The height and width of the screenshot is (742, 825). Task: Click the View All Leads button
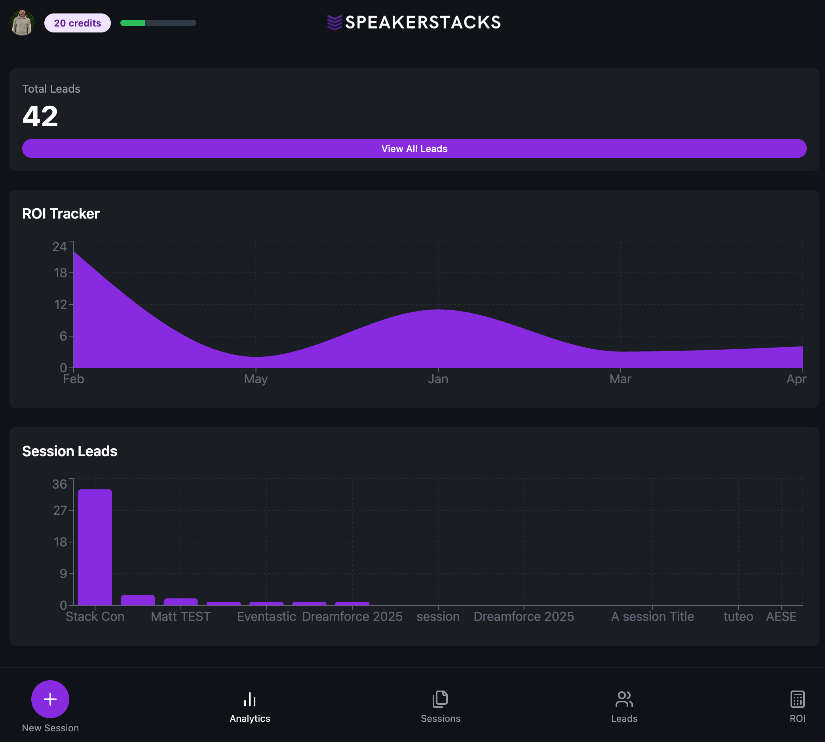(x=414, y=148)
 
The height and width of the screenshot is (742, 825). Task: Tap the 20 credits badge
(x=78, y=23)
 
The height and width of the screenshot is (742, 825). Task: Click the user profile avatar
(x=22, y=23)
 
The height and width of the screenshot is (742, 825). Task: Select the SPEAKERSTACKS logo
(x=414, y=23)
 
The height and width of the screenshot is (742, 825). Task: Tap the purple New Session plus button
(x=50, y=699)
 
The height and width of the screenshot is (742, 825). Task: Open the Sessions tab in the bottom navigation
(x=440, y=706)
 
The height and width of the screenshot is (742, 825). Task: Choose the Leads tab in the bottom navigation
(x=624, y=706)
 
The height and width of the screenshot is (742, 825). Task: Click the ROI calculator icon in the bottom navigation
(x=797, y=700)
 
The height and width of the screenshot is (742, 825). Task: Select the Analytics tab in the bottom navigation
(x=250, y=706)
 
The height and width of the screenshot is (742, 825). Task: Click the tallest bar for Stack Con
(x=95, y=546)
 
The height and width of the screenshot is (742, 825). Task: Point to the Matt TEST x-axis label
(x=181, y=616)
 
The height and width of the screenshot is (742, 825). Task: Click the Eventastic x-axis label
(x=266, y=616)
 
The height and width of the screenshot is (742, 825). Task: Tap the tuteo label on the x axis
(x=738, y=616)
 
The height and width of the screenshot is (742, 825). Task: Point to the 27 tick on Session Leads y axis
(x=60, y=510)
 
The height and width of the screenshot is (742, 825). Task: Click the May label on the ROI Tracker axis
(x=256, y=379)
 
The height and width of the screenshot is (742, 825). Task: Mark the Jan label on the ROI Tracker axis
(x=438, y=379)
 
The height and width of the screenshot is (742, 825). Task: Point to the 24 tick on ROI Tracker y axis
(x=59, y=246)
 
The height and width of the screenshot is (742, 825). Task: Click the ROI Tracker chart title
(x=61, y=214)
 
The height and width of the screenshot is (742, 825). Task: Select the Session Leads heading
(x=70, y=451)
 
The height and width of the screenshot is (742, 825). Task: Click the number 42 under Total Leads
(x=40, y=116)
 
